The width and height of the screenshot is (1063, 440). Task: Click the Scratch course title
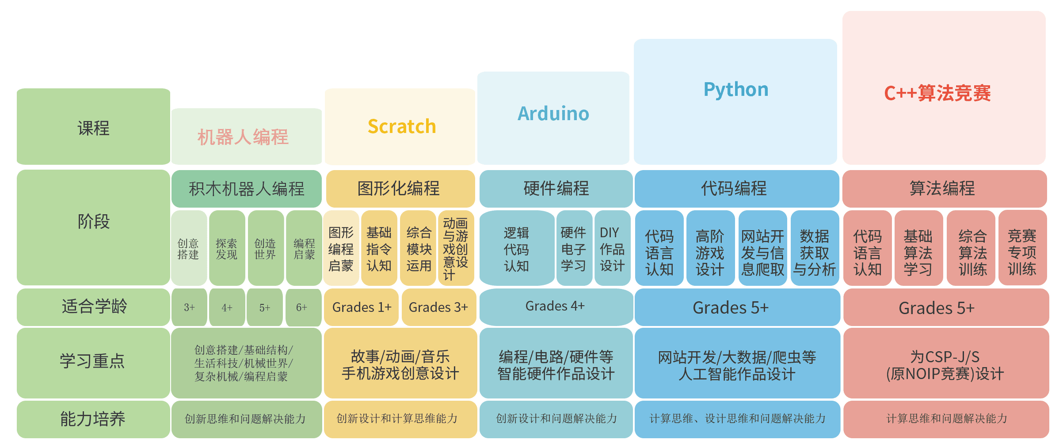tap(402, 127)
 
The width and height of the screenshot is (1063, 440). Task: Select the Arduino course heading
tap(553, 114)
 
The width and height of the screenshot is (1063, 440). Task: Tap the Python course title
tap(736, 90)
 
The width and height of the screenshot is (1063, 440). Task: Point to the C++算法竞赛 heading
tap(937, 93)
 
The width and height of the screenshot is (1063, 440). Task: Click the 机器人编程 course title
tap(243, 137)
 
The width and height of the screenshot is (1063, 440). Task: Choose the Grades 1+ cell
tap(362, 307)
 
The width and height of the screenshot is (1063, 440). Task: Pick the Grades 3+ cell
tap(438, 307)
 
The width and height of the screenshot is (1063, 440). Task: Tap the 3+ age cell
tap(189, 307)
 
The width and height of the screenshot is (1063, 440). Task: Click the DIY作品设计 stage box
tap(612, 248)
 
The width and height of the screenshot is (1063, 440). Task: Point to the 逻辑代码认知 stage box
tap(516, 248)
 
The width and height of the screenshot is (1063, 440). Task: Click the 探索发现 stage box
tap(227, 248)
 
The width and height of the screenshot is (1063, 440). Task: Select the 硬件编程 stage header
tap(556, 189)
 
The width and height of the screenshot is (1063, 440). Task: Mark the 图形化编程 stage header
tap(400, 189)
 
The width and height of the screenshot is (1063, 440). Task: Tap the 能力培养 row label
tap(93, 419)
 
